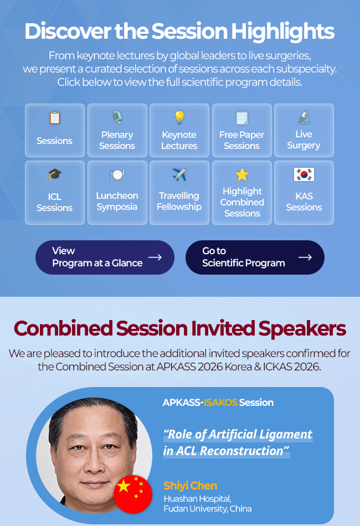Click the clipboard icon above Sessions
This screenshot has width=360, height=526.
55,118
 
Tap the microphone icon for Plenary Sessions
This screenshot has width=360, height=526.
117,117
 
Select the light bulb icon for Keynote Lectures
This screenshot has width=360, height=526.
179,117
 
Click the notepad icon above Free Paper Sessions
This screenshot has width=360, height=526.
242,117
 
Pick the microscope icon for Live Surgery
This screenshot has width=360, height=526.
304,117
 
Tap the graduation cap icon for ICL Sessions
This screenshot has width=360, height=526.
55,174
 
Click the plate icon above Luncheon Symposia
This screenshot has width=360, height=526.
117,174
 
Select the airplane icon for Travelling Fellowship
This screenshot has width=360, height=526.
179,174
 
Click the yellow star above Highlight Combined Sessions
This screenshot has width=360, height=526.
242,174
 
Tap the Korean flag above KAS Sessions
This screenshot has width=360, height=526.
304,174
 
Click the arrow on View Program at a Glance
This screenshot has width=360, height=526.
155,257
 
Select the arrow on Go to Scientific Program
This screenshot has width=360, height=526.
305,257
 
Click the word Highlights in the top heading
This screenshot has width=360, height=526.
282,31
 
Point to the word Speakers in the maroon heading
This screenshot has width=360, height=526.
302,328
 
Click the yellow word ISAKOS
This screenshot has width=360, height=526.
221,403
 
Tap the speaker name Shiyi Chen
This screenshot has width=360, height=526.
190,486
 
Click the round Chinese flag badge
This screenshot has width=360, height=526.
133,494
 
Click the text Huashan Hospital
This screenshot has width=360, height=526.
197,499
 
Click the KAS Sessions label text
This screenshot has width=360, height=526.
304,202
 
